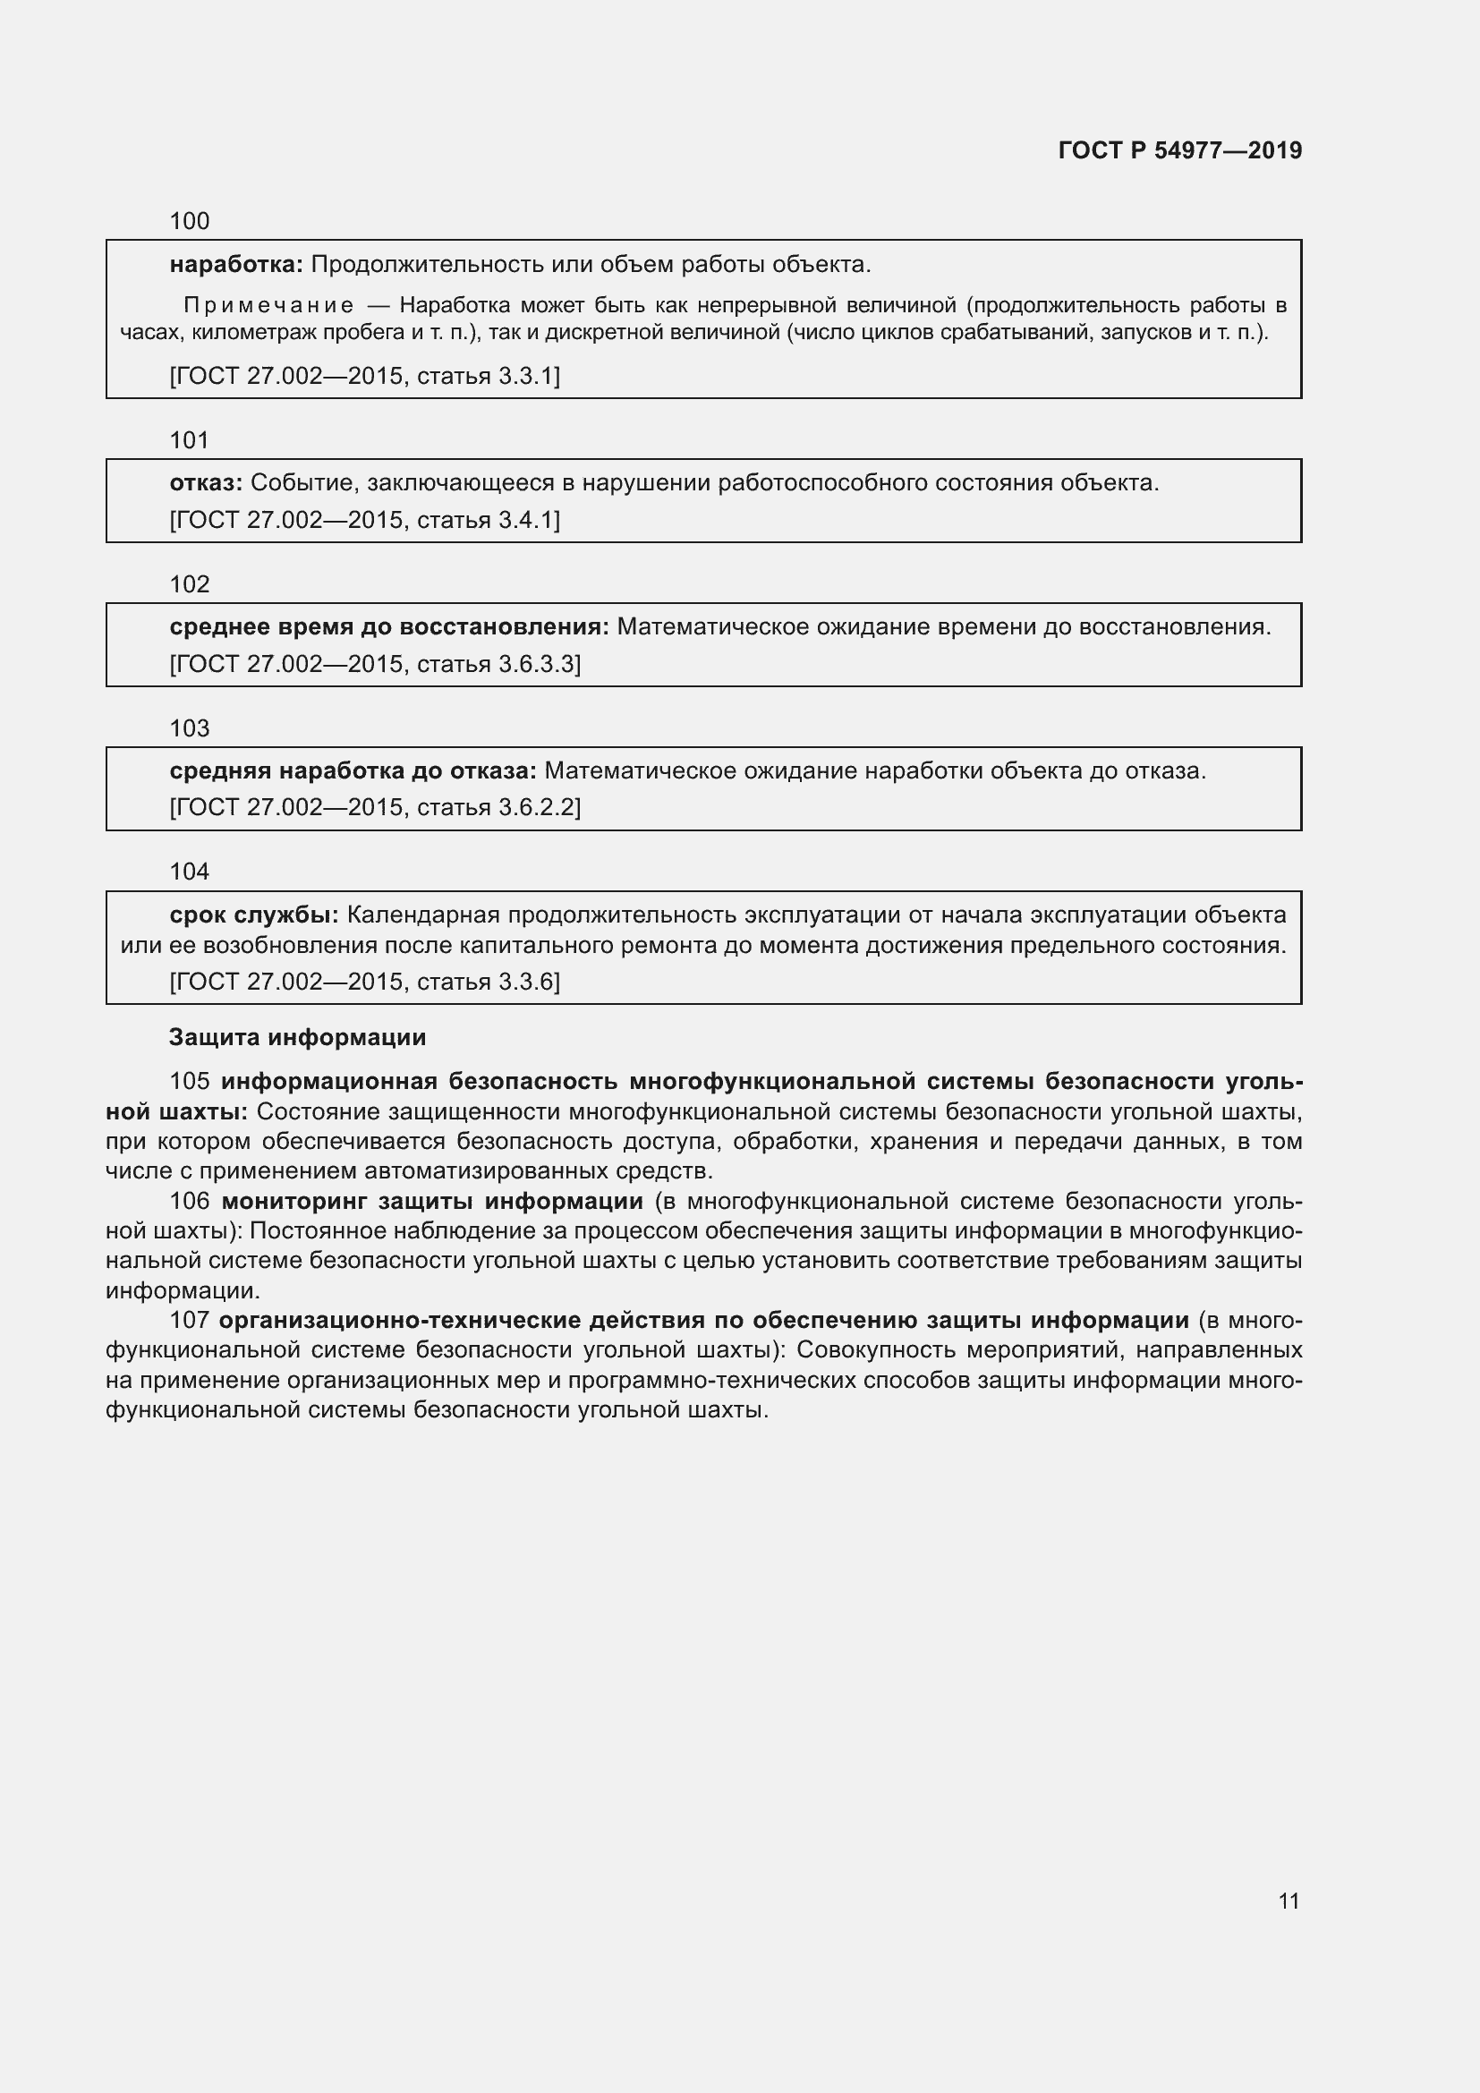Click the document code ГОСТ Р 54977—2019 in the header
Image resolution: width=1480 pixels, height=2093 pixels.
pos(1180,150)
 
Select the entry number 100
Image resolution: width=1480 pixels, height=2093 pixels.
pos(190,221)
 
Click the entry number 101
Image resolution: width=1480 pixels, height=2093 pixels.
pos(190,440)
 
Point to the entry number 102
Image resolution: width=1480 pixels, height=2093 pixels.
pos(190,584)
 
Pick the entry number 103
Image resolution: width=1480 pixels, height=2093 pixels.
pos(190,728)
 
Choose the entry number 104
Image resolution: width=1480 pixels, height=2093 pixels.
pos(190,872)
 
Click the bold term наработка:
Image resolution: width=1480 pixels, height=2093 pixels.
pos(236,264)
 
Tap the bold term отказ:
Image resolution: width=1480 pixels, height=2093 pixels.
pos(206,483)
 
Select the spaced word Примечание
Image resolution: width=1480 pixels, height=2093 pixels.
pos(268,304)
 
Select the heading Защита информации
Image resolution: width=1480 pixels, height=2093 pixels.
pos(297,1037)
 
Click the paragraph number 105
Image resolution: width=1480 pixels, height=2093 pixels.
pos(190,1082)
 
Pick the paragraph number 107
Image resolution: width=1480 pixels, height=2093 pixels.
pos(190,1321)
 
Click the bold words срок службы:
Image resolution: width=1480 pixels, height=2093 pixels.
pos(254,915)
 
